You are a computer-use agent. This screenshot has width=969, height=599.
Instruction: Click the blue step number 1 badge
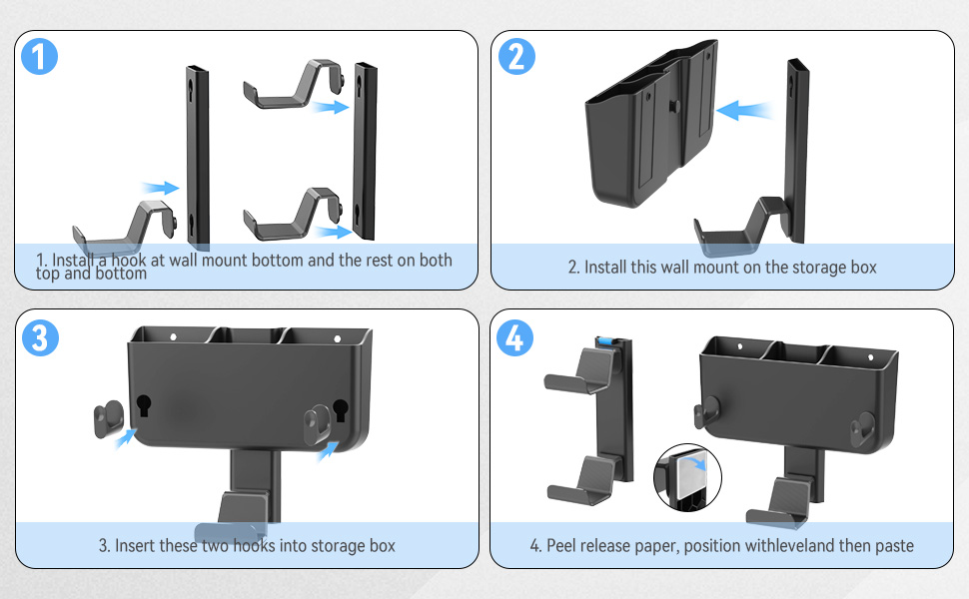(x=39, y=57)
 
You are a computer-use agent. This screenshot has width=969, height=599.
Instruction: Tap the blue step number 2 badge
(x=515, y=57)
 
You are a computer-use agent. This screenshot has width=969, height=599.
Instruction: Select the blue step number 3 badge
(x=39, y=337)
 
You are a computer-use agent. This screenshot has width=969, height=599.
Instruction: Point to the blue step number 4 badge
(x=515, y=337)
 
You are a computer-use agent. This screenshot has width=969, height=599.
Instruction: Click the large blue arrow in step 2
(x=747, y=109)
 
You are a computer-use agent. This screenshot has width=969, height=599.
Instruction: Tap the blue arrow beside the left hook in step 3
(x=125, y=437)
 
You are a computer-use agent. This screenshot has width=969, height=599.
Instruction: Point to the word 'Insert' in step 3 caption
(x=134, y=546)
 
